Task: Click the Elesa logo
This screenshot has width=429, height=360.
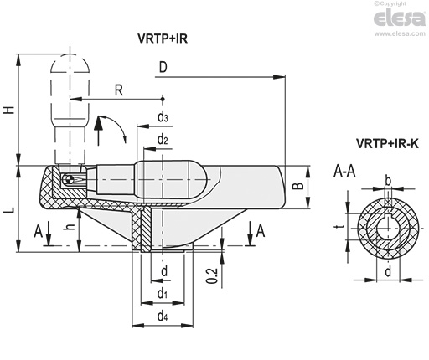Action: coord(400,18)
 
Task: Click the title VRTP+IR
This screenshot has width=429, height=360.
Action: coord(163,39)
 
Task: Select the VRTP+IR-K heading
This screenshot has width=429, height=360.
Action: coord(387,143)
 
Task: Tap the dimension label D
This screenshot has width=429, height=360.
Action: coord(163,67)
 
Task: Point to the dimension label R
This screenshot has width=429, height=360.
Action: coord(119,90)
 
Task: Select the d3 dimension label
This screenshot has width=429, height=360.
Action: coord(163,117)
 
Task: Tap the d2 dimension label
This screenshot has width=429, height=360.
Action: coord(163,139)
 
